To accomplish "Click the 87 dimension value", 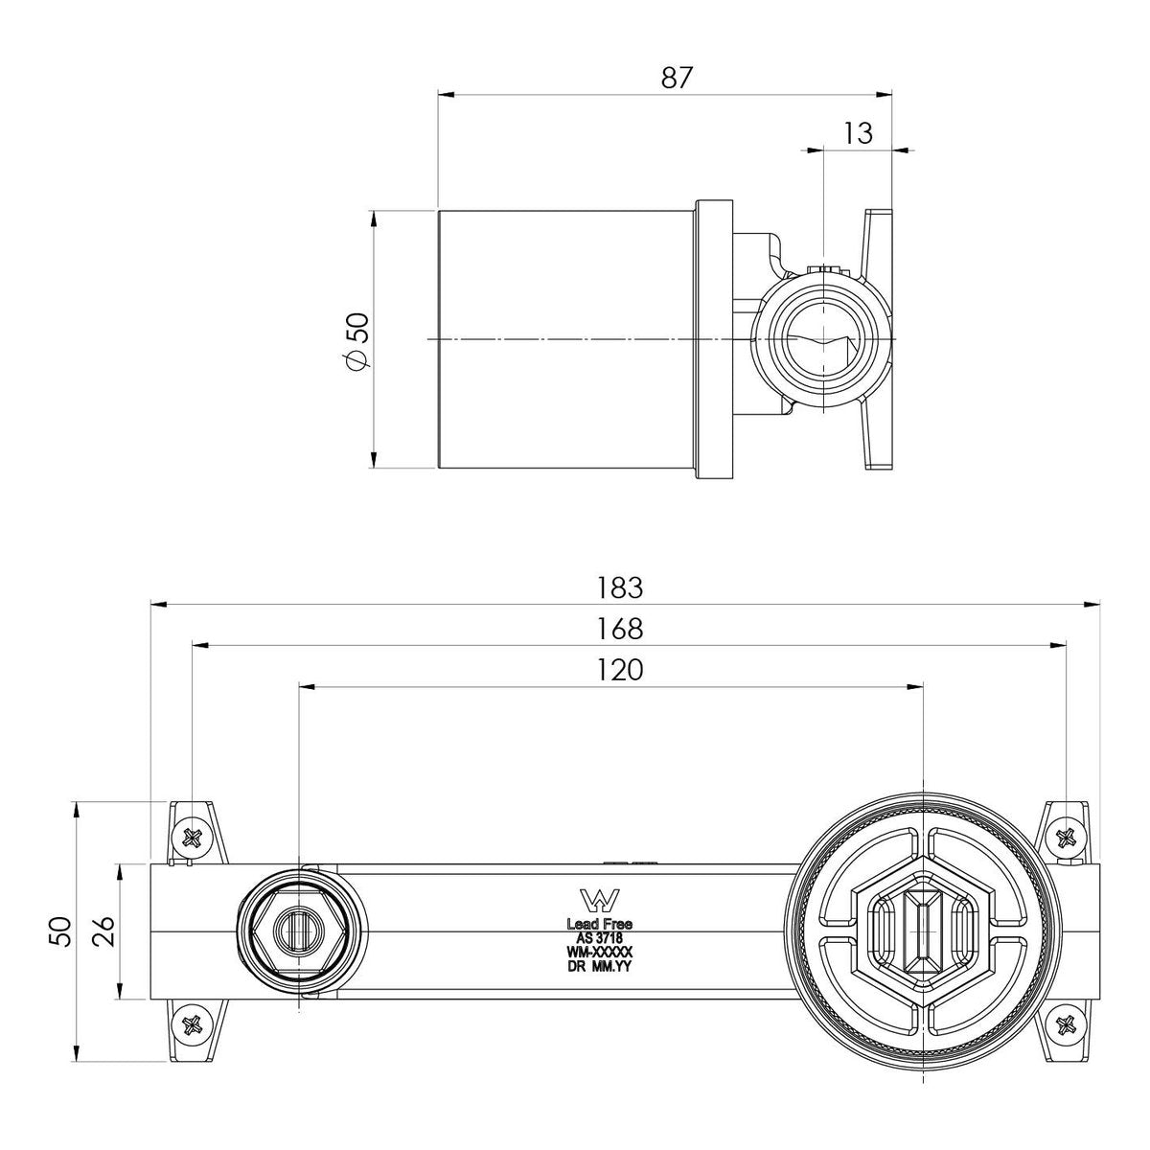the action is tap(677, 79).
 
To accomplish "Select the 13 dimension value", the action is tap(858, 133).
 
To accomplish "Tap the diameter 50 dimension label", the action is tap(358, 340).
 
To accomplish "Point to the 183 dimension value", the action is tap(620, 587).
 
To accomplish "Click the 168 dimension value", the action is tap(620, 629).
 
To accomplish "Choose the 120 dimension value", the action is tap(620, 670).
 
